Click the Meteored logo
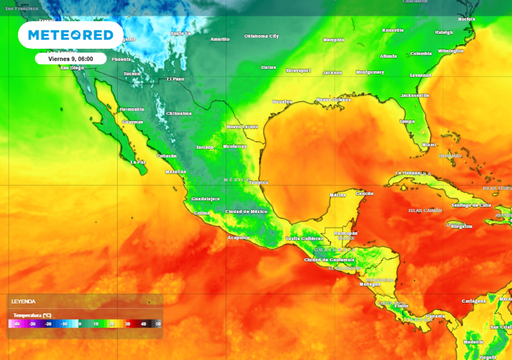[x=70, y=36]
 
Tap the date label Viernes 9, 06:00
[x=70, y=58]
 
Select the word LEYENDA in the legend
[x=23, y=300]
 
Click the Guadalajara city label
[x=206, y=198]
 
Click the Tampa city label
[x=406, y=122]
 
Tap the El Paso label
[x=176, y=78]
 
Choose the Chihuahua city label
[x=177, y=113]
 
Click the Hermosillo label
[x=131, y=109]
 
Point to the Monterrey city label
[x=240, y=128]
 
